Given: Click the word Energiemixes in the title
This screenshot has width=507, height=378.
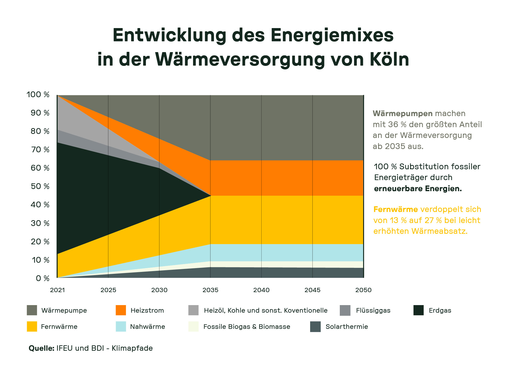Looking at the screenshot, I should (x=332, y=35).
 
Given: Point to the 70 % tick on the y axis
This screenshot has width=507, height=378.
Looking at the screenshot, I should (x=40, y=150).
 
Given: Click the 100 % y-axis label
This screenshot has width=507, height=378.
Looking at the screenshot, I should (x=38, y=94).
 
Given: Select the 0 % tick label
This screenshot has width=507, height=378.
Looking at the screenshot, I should (x=43, y=278).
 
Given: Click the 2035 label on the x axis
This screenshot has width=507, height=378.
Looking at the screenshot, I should (x=210, y=290).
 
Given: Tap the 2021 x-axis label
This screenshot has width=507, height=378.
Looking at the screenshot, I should (x=57, y=290).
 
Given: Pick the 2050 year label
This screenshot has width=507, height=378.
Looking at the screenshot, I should (x=363, y=290).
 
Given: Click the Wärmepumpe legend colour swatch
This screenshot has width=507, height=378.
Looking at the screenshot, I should (x=32, y=310).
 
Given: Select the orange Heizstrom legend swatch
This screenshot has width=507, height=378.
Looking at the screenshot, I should (x=121, y=310).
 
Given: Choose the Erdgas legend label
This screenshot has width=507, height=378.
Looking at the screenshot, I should (x=440, y=310).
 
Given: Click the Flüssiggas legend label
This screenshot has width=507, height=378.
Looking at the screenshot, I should (x=373, y=310).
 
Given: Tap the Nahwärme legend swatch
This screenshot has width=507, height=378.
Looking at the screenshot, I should (x=121, y=326).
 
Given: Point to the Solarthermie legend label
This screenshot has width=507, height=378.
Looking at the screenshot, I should (x=347, y=327).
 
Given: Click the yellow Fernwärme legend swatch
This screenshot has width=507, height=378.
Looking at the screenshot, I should (x=32, y=326).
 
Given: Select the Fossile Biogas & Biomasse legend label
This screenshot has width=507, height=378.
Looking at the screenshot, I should (x=246, y=327).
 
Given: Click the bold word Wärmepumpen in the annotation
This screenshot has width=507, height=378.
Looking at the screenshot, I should (x=402, y=113).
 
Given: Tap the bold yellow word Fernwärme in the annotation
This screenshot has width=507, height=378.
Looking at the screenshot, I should (x=395, y=209).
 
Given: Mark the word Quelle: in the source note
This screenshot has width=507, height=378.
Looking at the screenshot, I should (x=42, y=348).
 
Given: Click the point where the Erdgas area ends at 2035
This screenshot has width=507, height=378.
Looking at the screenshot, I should (x=210, y=195).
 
